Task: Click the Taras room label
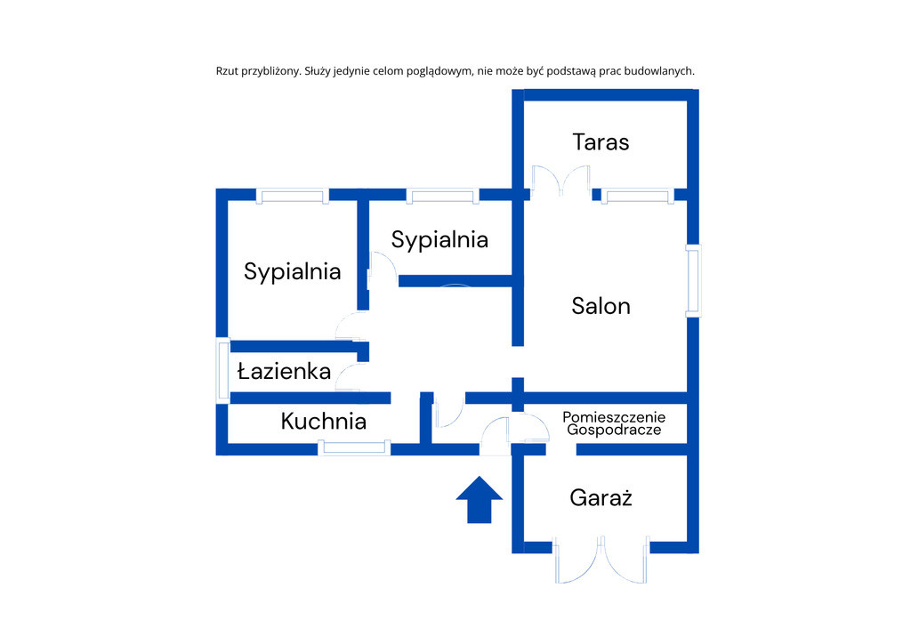(x=601, y=142)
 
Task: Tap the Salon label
(x=601, y=306)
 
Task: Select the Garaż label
(x=601, y=497)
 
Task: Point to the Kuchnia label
(x=324, y=421)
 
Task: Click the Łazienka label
(x=285, y=371)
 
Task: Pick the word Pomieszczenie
(x=614, y=417)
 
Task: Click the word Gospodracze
(x=614, y=431)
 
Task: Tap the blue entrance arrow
(x=480, y=499)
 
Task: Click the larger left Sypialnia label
(x=292, y=272)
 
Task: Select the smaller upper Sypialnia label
(x=439, y=240)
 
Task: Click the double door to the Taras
(x=561, y=181)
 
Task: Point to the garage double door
(x=601, y=559)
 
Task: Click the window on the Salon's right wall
(x=693, y=281)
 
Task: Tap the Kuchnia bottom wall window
(x=354, y=447)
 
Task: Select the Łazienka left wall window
(x=223, y=370)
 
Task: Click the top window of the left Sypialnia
(x=293, y=196)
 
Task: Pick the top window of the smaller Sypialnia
(x=443, y=196)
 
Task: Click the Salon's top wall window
(x=638, y=196)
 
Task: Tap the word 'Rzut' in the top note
(x=227, y=71)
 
